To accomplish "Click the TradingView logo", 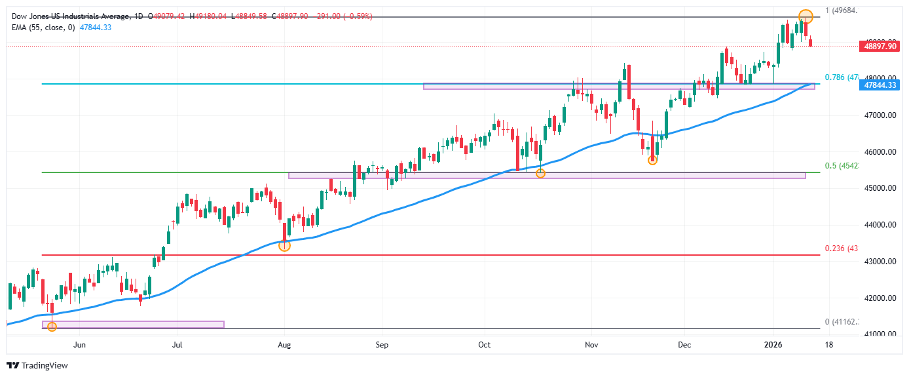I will pyautogui.click(x=37, y=365).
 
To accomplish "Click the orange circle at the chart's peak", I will pyautogui.click(x=806, y=16).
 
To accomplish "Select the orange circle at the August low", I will pyautogui.click(x=284, y=246).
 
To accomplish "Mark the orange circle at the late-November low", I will pyautogui.click(x=652, y=160).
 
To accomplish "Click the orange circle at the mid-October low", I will pyautogui.click(x=540, y=174).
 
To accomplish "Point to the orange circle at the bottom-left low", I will pyautogui.click(x=52, y=327).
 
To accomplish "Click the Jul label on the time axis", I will pyautogui.click(x=177, y=344).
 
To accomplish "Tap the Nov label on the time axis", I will pyautogui.click(x=591, y=344).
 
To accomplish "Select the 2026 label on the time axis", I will pyautogui.click(x=773, y=344).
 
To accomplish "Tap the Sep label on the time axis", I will pyautogui.click(x=382, y=344).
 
